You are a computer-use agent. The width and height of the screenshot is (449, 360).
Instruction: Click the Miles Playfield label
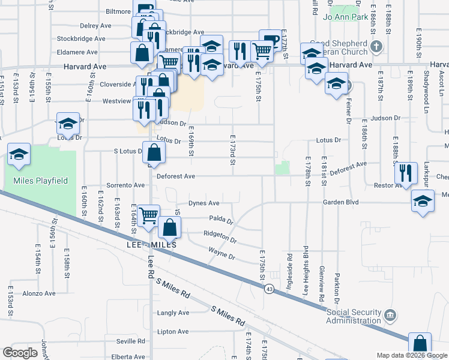(x=37, y=181)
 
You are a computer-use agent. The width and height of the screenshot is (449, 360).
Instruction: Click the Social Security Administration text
(x=354, y=316)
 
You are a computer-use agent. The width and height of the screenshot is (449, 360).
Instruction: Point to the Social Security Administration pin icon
(x=391, y=314)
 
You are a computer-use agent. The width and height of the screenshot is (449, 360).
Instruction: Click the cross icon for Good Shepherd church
(x=376, y=46)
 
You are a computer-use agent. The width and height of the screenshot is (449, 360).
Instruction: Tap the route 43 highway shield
(x=271, y=289)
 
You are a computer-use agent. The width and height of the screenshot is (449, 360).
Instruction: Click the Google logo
(x=20, y=353)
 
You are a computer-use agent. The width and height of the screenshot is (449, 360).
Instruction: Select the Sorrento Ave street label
(x=126, y=185)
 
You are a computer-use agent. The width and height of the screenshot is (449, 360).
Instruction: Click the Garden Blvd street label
(x=340, y=202)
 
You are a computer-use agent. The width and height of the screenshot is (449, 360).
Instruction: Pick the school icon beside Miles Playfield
(x=19, y=154)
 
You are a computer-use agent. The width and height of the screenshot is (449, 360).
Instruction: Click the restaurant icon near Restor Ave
(x=406, y=173)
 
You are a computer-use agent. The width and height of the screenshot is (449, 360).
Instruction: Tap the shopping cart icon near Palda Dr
(x=148, y=215)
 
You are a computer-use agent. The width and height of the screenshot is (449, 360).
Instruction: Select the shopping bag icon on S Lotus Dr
(x=154, y=154)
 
